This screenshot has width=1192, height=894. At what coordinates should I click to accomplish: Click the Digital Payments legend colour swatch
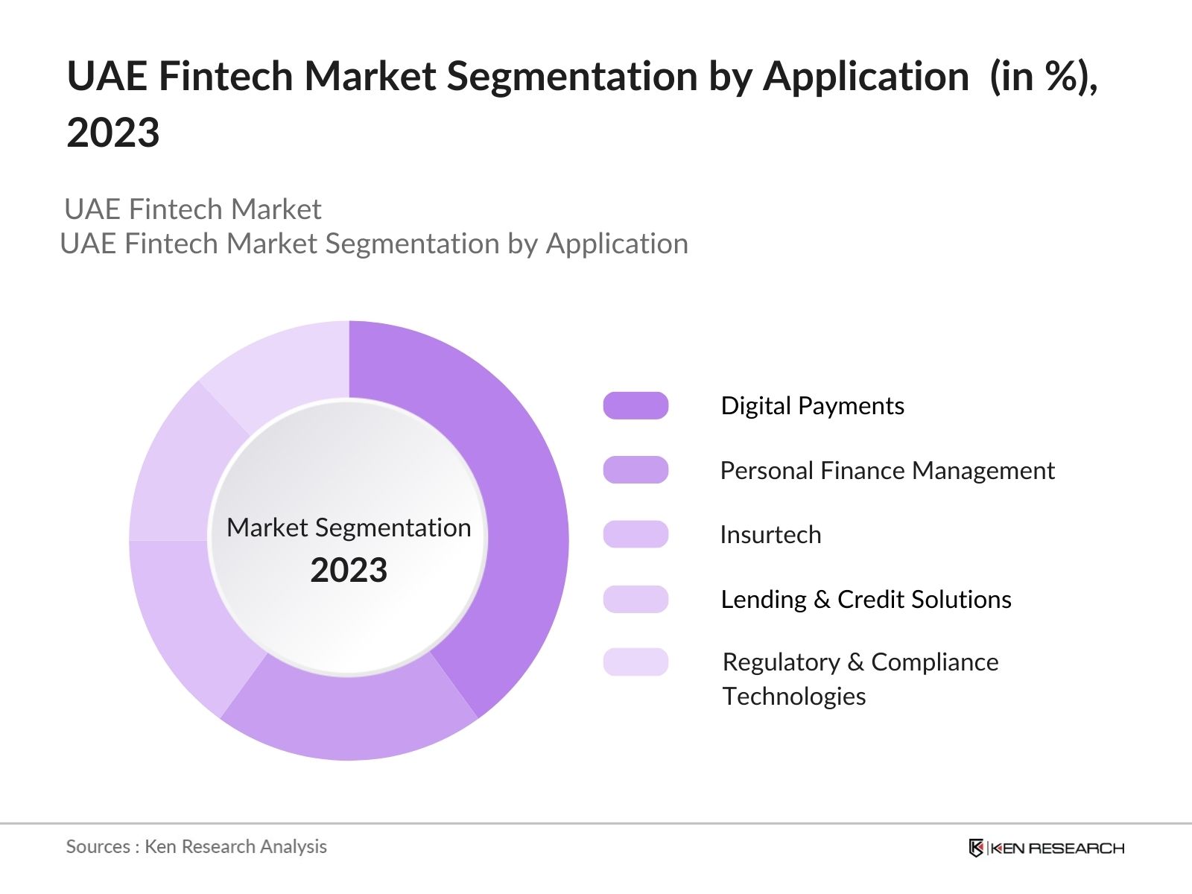635,406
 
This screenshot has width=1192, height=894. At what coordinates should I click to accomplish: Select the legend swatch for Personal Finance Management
635,470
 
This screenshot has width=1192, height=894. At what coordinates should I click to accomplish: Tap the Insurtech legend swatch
635,534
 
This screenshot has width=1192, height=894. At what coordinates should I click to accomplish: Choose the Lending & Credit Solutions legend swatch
635,599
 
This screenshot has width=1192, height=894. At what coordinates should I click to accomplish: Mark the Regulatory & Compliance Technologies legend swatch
635,662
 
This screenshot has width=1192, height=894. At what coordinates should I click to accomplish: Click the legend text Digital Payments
812,406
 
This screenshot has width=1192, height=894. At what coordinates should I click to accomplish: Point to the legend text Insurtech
770,535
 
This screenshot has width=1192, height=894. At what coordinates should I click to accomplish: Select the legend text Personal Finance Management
887,471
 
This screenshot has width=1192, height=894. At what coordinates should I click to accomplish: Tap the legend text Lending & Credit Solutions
866,600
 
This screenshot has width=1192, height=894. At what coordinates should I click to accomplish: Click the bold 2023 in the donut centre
349,571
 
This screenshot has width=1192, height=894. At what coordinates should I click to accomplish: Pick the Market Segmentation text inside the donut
349,527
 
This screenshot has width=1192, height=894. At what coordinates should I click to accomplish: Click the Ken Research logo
1046,848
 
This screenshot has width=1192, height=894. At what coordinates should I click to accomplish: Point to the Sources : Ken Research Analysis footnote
196,846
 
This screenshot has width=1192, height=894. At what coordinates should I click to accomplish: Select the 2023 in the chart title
113,133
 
